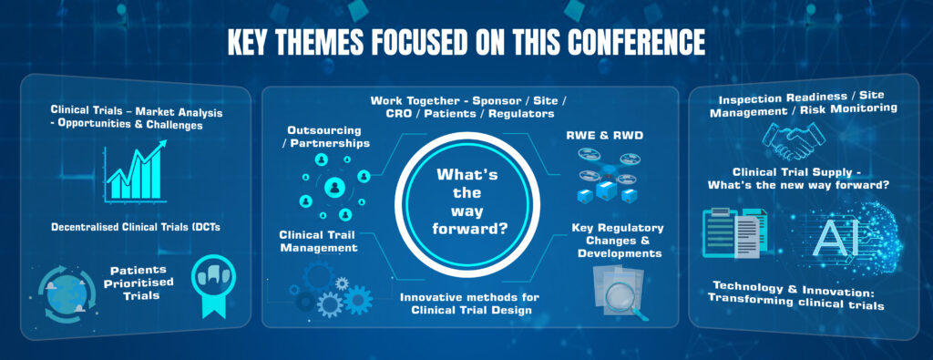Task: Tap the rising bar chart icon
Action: (135, 172)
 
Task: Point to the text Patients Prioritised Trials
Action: (138, 282)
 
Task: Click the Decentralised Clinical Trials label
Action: (136, 227)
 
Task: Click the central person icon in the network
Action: (335, 188)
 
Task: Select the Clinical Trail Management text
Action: (318, 241)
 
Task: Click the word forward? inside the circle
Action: (469, 227)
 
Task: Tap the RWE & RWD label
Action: (605, 136)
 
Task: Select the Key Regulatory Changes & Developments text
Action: (617, 241)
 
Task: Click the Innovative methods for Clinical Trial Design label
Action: (466, 303)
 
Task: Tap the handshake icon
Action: (794, 140)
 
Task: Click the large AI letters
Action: (837, 238)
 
